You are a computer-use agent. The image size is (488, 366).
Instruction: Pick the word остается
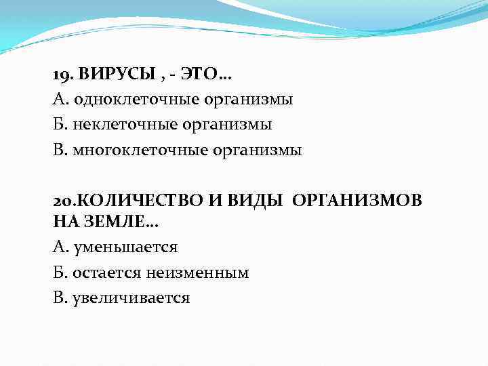102,272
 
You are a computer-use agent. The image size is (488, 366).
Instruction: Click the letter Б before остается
58,272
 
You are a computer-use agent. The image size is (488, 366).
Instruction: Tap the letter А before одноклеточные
58,100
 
